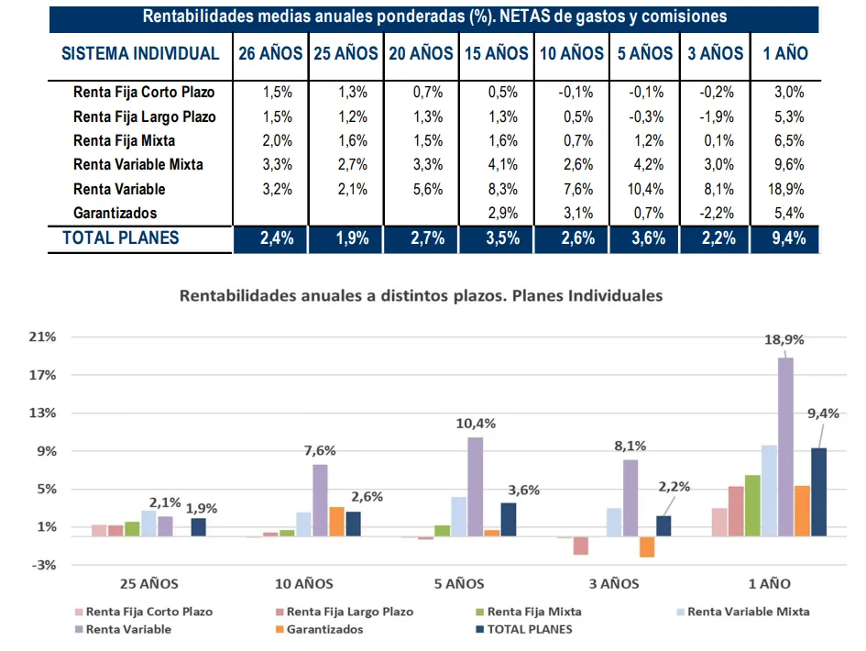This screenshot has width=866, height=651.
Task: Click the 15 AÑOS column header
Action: pos(497,53)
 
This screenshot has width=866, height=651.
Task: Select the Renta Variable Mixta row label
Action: pos(137,165)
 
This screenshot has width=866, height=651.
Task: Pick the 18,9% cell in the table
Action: pos(784,189)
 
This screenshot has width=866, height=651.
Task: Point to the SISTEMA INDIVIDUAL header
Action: pos(140,53)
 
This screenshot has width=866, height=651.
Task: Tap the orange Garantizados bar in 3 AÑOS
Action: pos(647,547)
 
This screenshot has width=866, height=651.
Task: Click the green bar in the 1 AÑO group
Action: pos(752,505)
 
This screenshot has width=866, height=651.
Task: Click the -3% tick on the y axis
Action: pos(42,565)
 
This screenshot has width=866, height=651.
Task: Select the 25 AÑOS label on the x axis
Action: pos(148,583)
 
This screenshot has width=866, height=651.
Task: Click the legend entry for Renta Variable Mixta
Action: pos(748,612)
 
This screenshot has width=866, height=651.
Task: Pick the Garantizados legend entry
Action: pos(323,630)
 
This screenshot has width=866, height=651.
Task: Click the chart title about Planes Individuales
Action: pos(421,296)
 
